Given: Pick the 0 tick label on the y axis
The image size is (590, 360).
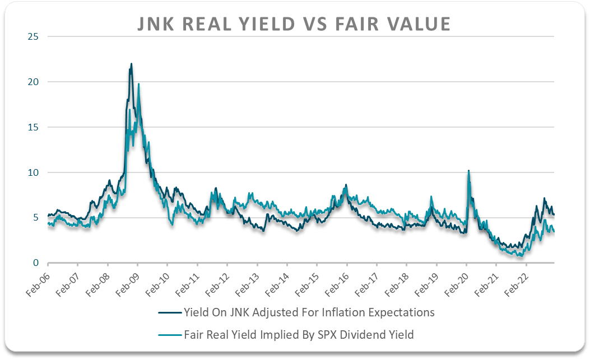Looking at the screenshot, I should coord(36,263).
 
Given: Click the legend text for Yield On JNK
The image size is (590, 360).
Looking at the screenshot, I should coord(309,312).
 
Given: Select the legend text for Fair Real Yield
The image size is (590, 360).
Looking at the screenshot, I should coord(299,335).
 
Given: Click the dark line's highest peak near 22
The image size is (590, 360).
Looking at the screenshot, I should coord(131,64).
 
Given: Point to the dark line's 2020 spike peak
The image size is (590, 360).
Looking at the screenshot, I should coord(468,170).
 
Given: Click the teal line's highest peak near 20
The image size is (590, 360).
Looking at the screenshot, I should coord(138,84).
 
